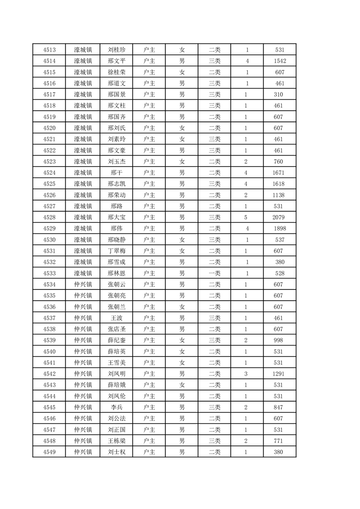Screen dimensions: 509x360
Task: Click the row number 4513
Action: tap(49, 50)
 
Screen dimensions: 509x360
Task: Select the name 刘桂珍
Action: tap(116, 50)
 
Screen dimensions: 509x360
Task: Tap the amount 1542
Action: tap(280, 61)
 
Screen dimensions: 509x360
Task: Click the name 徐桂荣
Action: tap(116, 72)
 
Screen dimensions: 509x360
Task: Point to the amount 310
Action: tap(279, 94)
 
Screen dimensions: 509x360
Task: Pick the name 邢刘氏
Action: tap(116, 128)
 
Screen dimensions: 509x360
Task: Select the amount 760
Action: tap(279, 162)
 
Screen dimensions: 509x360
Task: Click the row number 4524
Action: tap(49, 173)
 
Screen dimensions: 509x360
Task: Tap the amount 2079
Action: tap(279, 217)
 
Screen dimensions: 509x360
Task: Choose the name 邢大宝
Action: tap(116, 217)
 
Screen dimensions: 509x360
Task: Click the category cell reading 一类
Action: tap(215, 274)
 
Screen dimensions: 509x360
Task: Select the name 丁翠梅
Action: tap(116, 251)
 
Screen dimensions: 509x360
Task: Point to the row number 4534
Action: tap(49, 284)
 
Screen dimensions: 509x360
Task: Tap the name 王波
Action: tap(116, 318)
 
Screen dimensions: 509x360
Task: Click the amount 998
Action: tap(279, 340)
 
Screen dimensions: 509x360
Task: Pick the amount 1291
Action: tap(279, 374)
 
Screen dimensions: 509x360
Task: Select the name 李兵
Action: tap(116, 407)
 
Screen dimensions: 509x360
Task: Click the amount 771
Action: tap(279, 441)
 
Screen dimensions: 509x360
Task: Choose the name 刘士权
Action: tap(116, 452)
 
